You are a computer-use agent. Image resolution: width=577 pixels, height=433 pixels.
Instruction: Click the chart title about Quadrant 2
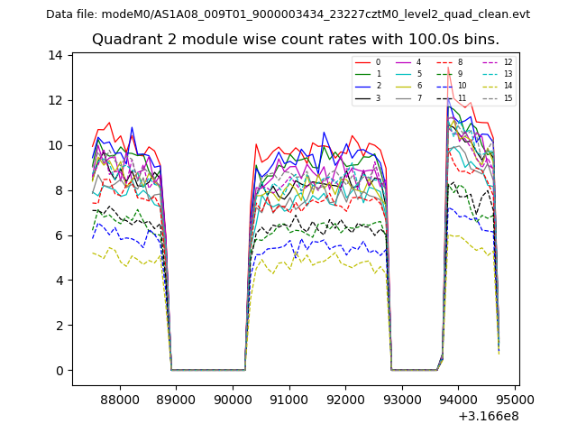[x=295, y=40]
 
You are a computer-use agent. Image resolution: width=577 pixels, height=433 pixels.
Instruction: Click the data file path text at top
[x=288, y=14]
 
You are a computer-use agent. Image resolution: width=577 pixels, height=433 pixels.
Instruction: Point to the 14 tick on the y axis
[x=56, y=55]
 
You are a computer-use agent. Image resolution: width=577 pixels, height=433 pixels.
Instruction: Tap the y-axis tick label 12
[x=56, y=100]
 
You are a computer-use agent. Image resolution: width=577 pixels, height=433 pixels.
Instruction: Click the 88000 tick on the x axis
[x=118, y=399]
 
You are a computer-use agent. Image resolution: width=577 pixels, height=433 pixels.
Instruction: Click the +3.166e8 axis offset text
[x=489, y=416]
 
